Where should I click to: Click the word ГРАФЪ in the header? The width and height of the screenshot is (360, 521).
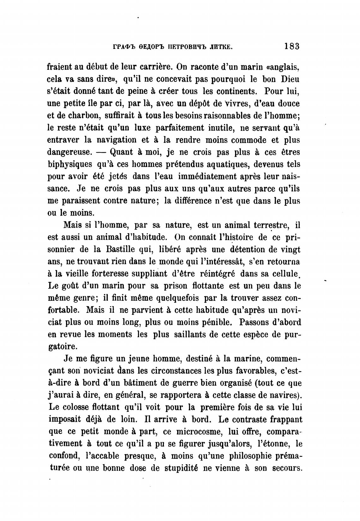[x=124, y=48]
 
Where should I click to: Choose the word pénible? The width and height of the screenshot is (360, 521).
[x=217, y=323]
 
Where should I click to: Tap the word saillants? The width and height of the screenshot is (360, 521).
[x=189, y=335]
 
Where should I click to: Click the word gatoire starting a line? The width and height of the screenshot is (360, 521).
[x=63, y=347]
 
